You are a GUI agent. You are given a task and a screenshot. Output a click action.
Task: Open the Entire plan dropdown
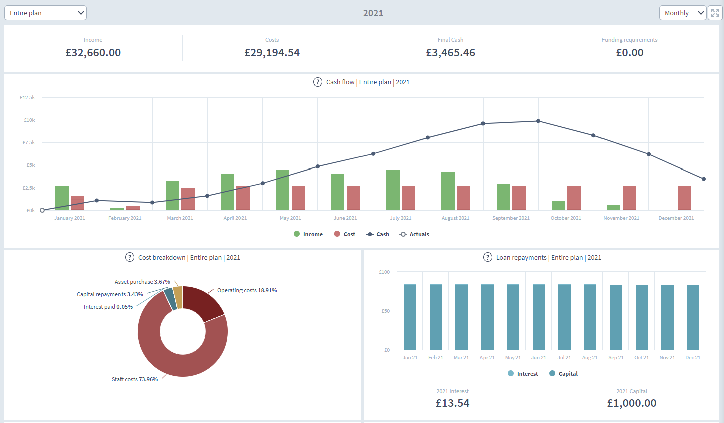45,13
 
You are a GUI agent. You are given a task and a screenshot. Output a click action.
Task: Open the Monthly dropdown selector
683,13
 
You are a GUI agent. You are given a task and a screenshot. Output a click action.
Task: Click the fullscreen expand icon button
715,13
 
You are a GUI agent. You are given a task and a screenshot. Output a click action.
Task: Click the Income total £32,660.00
93,53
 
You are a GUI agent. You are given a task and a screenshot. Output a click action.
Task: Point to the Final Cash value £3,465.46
450,53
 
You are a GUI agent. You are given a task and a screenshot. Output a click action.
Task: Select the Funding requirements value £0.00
630,53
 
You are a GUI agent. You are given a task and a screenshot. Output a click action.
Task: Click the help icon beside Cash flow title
318,82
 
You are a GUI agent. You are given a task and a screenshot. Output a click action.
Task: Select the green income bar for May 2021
283,190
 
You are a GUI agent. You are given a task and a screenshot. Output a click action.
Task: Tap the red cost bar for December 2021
684,198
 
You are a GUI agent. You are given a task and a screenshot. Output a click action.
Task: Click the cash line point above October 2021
538,121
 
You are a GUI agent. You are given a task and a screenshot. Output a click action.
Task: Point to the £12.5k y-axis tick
27,97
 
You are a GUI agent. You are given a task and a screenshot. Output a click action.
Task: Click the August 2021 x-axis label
455,218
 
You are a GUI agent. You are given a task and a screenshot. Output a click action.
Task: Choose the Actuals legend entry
414,234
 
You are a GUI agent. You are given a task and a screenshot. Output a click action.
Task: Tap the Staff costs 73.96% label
135,379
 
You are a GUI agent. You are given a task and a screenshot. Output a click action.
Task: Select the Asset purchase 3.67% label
142,282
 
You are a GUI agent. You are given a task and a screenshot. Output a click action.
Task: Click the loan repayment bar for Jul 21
564,317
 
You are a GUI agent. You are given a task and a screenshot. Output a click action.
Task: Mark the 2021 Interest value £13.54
452,403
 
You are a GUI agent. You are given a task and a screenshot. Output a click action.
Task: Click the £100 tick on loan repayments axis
384,272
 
